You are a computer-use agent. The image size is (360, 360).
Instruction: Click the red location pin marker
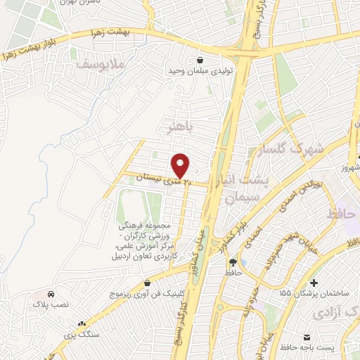point(181,165)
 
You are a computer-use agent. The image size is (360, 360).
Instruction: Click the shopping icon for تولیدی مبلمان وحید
point(202,60)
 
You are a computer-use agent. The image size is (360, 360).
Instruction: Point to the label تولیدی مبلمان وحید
point(200,72)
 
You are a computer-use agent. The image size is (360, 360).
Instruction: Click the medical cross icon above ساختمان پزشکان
point(305,281)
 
